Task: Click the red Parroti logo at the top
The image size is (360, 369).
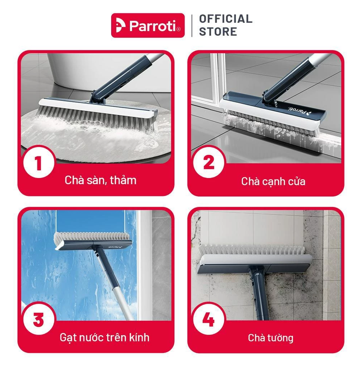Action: [x=148, y=26]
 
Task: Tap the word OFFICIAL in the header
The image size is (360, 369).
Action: [x=226, y=19]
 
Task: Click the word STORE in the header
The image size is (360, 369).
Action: [x=218, y=32]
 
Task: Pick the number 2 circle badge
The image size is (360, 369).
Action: [x=208, y=163]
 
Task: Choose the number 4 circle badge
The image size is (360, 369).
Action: [x=208, y=320]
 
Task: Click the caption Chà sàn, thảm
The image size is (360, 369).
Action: [x=100, y=180]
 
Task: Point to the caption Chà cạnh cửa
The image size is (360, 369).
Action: [x=273, y=182]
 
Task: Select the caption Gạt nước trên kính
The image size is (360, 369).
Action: [x=104, y=337]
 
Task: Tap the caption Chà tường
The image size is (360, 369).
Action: [x=271, y=338]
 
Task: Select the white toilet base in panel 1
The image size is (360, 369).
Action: [x=103, y=71]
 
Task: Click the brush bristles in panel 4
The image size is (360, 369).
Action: [x=252, y=250]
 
